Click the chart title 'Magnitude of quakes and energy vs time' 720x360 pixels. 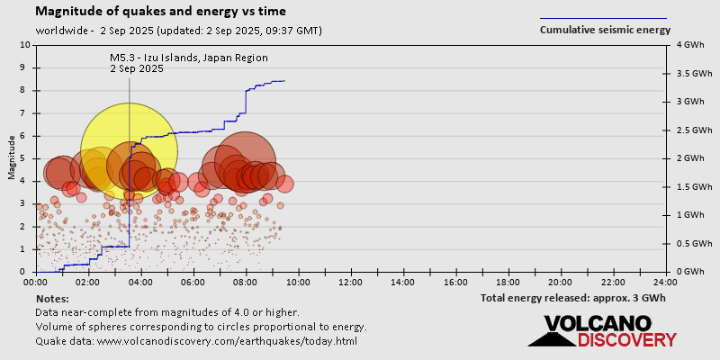161,12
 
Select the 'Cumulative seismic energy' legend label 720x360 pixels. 605,30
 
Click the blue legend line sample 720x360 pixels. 603,18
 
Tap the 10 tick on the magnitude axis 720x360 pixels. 25,44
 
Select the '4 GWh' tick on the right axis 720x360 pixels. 685,44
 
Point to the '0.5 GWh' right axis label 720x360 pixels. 689,244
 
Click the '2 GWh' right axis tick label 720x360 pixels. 685,158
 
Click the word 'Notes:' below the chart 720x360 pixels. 52,298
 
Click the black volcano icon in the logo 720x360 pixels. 553,337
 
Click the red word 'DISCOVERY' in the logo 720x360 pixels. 626,340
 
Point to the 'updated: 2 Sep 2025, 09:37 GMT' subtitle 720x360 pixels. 239,31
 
